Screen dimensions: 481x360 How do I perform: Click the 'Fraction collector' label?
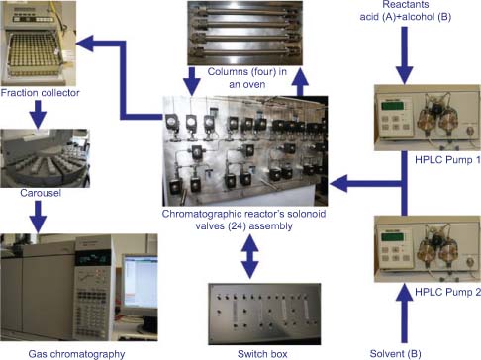point(40,93)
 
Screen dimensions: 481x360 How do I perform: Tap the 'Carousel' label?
point(41,193)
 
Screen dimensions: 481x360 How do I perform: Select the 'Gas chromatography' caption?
point(76,354)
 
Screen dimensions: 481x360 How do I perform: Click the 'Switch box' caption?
point(262,354)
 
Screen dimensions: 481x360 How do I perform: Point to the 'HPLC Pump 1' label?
point(447,160)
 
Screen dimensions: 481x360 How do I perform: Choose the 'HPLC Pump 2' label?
point(447,292)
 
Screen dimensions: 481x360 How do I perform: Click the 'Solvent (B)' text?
point(396,354)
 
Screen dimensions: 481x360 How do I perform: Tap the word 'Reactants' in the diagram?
point(406,4)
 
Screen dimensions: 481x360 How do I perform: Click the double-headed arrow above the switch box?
point(250,256)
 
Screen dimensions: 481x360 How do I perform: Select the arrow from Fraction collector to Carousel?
point(38,114)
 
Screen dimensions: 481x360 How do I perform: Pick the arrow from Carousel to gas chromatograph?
point(38,217)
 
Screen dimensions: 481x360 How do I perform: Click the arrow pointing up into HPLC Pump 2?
point(404,314)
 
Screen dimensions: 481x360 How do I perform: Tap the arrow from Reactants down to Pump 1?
point(404,55)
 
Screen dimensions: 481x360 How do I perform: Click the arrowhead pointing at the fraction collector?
point(85,44)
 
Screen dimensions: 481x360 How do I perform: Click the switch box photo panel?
point(264,314)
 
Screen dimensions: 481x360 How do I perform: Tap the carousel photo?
point(46,158)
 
